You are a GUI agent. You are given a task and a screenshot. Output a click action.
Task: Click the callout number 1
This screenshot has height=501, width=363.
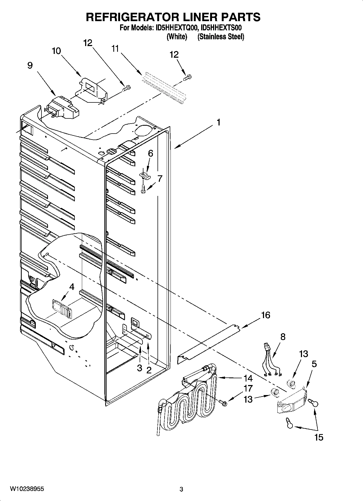point(218,122)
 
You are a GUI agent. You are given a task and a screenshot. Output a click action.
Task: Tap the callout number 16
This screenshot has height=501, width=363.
point(265,315)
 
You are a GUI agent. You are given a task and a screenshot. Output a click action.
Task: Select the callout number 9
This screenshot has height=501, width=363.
point(30,65)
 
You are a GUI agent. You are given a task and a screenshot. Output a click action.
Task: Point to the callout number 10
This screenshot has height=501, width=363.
point(56,51)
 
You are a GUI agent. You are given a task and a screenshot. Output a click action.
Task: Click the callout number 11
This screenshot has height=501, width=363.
point(115,49)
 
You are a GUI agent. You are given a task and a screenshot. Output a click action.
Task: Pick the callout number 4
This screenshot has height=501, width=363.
point(72,286)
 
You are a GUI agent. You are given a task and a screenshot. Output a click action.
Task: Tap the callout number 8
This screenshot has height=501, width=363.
point(283,337)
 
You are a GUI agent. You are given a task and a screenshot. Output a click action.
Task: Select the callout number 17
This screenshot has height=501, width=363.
point(248,388)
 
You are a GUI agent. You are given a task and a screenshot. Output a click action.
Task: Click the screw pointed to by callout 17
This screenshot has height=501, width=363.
point(223,403)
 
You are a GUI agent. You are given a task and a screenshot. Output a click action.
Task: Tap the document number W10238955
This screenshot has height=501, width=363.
point(27,489)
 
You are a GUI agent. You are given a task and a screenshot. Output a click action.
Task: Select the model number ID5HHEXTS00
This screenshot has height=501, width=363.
point(220,28)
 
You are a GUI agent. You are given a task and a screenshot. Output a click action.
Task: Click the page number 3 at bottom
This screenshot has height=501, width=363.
point(181,489)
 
